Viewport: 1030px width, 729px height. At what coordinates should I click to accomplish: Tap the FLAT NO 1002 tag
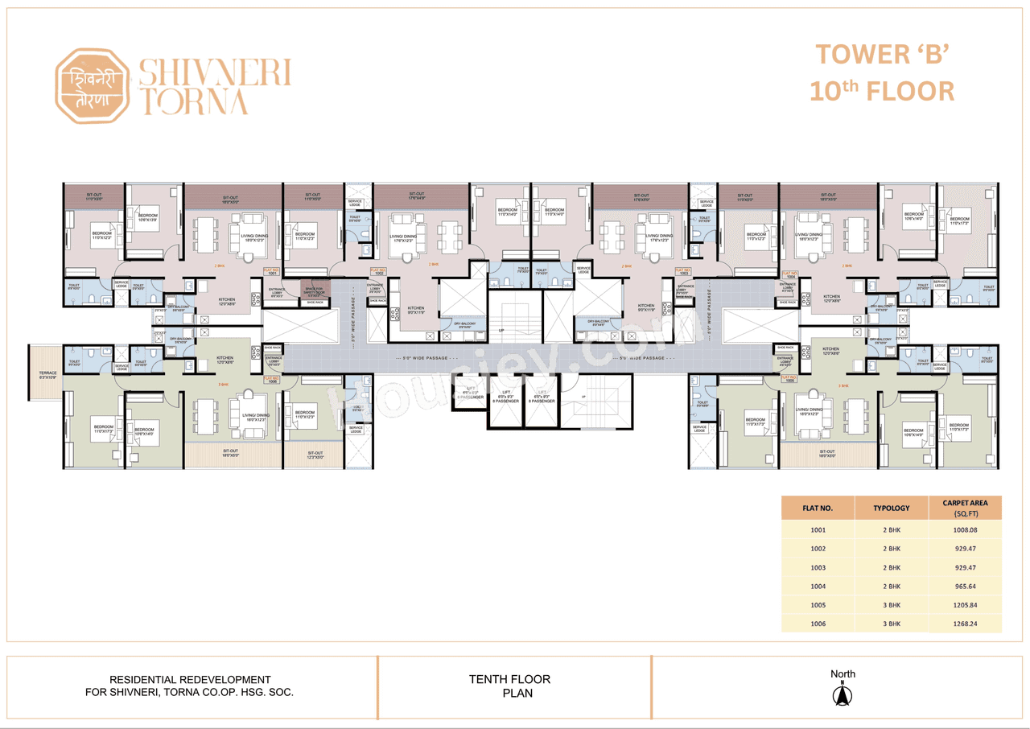378,272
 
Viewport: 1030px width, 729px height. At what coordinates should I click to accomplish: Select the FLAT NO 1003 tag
684,272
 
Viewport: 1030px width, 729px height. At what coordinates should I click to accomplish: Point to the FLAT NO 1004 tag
789,274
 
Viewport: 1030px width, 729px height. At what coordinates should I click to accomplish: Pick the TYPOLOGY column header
892,508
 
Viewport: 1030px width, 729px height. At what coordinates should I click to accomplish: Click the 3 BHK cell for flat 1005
892,604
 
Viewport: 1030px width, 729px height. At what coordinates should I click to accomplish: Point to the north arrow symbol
843,693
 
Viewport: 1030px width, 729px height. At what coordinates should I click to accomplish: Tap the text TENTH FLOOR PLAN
509,686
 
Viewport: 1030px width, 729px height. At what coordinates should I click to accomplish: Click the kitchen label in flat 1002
415,310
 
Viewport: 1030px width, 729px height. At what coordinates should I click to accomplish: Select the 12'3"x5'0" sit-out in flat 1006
315,455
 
